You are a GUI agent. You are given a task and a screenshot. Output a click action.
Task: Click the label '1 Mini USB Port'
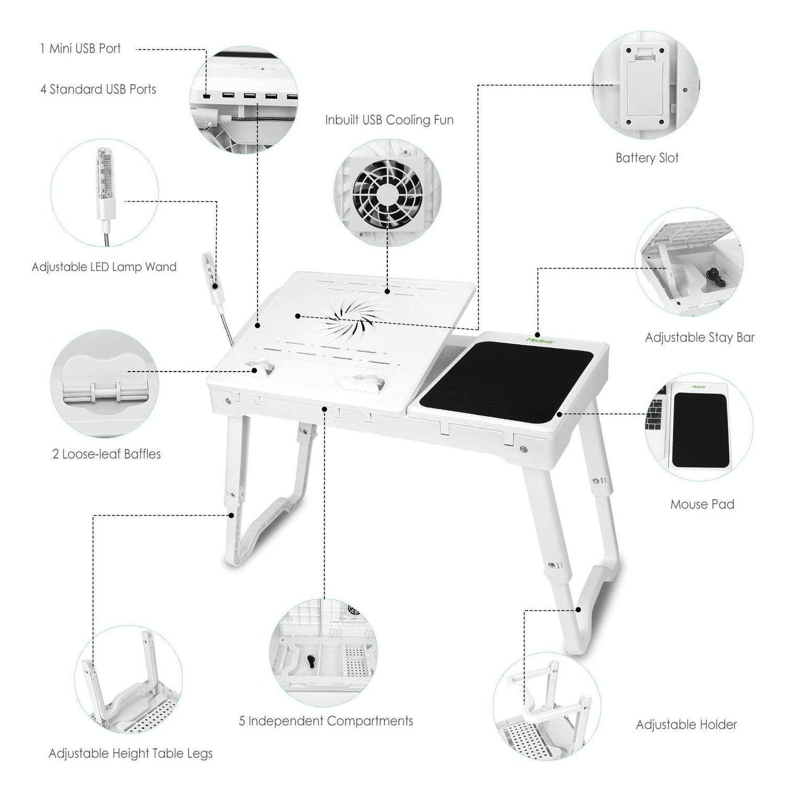click(x=80, y=48)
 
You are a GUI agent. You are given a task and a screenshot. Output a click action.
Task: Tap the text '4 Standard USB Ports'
click(x=98, y=89)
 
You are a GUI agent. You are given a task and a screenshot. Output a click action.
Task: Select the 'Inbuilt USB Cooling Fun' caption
click(x=389, y=120)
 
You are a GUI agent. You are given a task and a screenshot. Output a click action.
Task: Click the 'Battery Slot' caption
click(x=647, y=158)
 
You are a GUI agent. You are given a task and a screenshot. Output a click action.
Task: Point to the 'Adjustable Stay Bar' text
click(x=700, y=337)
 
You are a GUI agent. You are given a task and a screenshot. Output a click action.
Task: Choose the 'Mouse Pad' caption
click(x=702, y=504)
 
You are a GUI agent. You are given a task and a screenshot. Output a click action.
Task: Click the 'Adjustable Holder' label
click(x=686, y=724)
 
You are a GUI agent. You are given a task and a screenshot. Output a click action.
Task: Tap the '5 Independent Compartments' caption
click(x=326, y=721)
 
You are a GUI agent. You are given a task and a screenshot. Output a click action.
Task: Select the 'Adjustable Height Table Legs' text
click(x=130, y=753)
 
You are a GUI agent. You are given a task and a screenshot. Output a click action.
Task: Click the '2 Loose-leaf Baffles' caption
click(x=106, y=454)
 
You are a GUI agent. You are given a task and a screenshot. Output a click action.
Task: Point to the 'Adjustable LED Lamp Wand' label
click(x=104, y=267)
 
